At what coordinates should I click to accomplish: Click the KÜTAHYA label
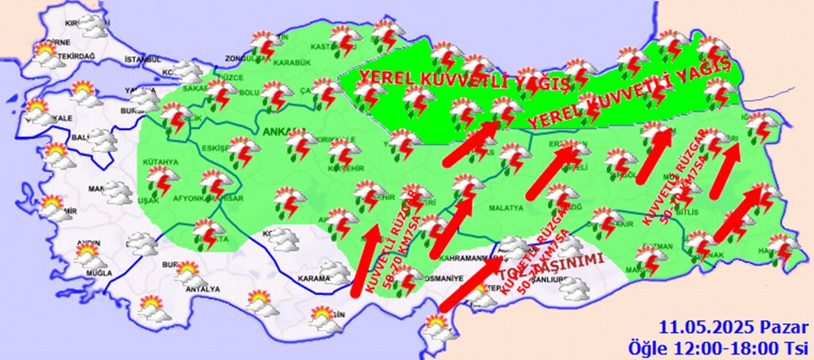tap(160, 162)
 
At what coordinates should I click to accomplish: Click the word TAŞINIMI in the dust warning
tap(570, 262)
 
